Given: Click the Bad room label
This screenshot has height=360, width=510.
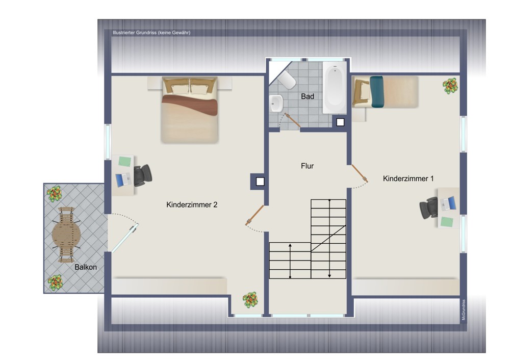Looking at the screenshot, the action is tap(308, 96).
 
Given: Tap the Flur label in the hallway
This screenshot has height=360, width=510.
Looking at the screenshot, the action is tap(308, 166).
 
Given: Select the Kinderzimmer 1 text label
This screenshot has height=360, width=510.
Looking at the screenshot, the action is tap(408, 178).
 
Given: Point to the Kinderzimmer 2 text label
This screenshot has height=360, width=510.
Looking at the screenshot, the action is tap(192, 204).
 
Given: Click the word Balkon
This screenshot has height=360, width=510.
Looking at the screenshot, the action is tap(86, 267).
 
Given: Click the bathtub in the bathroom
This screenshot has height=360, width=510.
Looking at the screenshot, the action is tap(335, 88).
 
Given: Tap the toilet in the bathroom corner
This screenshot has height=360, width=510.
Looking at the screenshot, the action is tap(287, 80).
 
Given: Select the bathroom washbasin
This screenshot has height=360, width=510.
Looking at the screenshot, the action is tap(276, 104).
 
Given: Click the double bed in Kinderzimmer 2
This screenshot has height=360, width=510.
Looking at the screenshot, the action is tap(190, 110).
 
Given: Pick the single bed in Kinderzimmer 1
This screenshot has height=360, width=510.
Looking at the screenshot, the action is tap(385, 92).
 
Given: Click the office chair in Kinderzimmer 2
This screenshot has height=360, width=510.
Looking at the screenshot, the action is tap(142, 175).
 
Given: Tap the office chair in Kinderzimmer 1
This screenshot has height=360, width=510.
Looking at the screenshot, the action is tap(429, 208).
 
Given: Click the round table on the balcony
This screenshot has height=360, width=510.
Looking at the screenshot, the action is tap(66, 234).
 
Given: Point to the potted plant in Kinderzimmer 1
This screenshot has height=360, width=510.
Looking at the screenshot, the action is tap(450, 86).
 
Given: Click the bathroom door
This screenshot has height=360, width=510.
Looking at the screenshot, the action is tap(292, 120).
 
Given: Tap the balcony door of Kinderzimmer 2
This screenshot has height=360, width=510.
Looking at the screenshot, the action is tap(125, 238).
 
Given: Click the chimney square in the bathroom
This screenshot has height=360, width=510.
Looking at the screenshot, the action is tap(340, 122).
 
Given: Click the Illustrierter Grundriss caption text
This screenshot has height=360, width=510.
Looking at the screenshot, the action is tap(151, 33).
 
